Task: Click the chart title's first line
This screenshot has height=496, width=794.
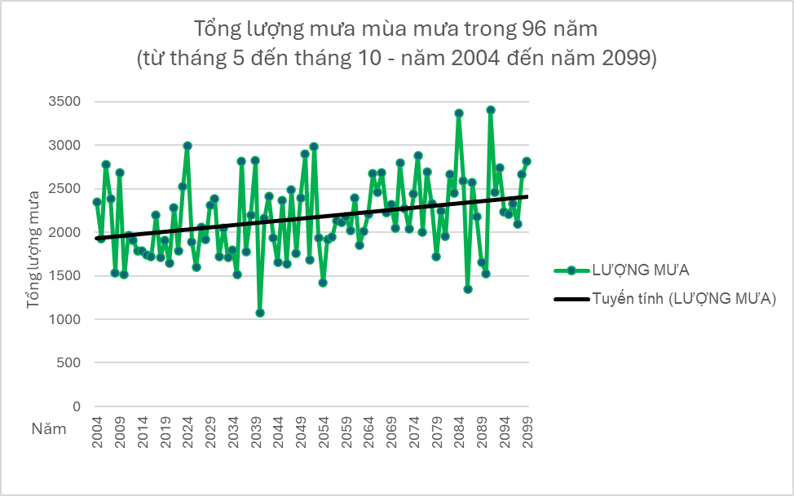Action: (x=396, y=29)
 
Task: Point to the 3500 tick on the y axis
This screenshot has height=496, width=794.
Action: (x=66, y=102)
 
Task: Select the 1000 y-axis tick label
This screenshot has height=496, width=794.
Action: (x=66, y=319)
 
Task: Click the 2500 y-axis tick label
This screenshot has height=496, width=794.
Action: (x=66, y=189)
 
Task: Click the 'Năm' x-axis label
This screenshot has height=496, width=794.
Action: (x=50, y=428)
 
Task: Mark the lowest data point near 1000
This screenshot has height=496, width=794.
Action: (x=260, y=313)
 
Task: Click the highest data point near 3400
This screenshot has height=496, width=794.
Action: (x=490, y=110)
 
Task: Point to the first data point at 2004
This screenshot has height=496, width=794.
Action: (x=97, y=201)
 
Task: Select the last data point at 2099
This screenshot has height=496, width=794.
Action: (x=527, y=161)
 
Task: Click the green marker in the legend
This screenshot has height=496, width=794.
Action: (x=572, y=270)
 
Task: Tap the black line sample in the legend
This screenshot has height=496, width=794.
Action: (x=572, y=300)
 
